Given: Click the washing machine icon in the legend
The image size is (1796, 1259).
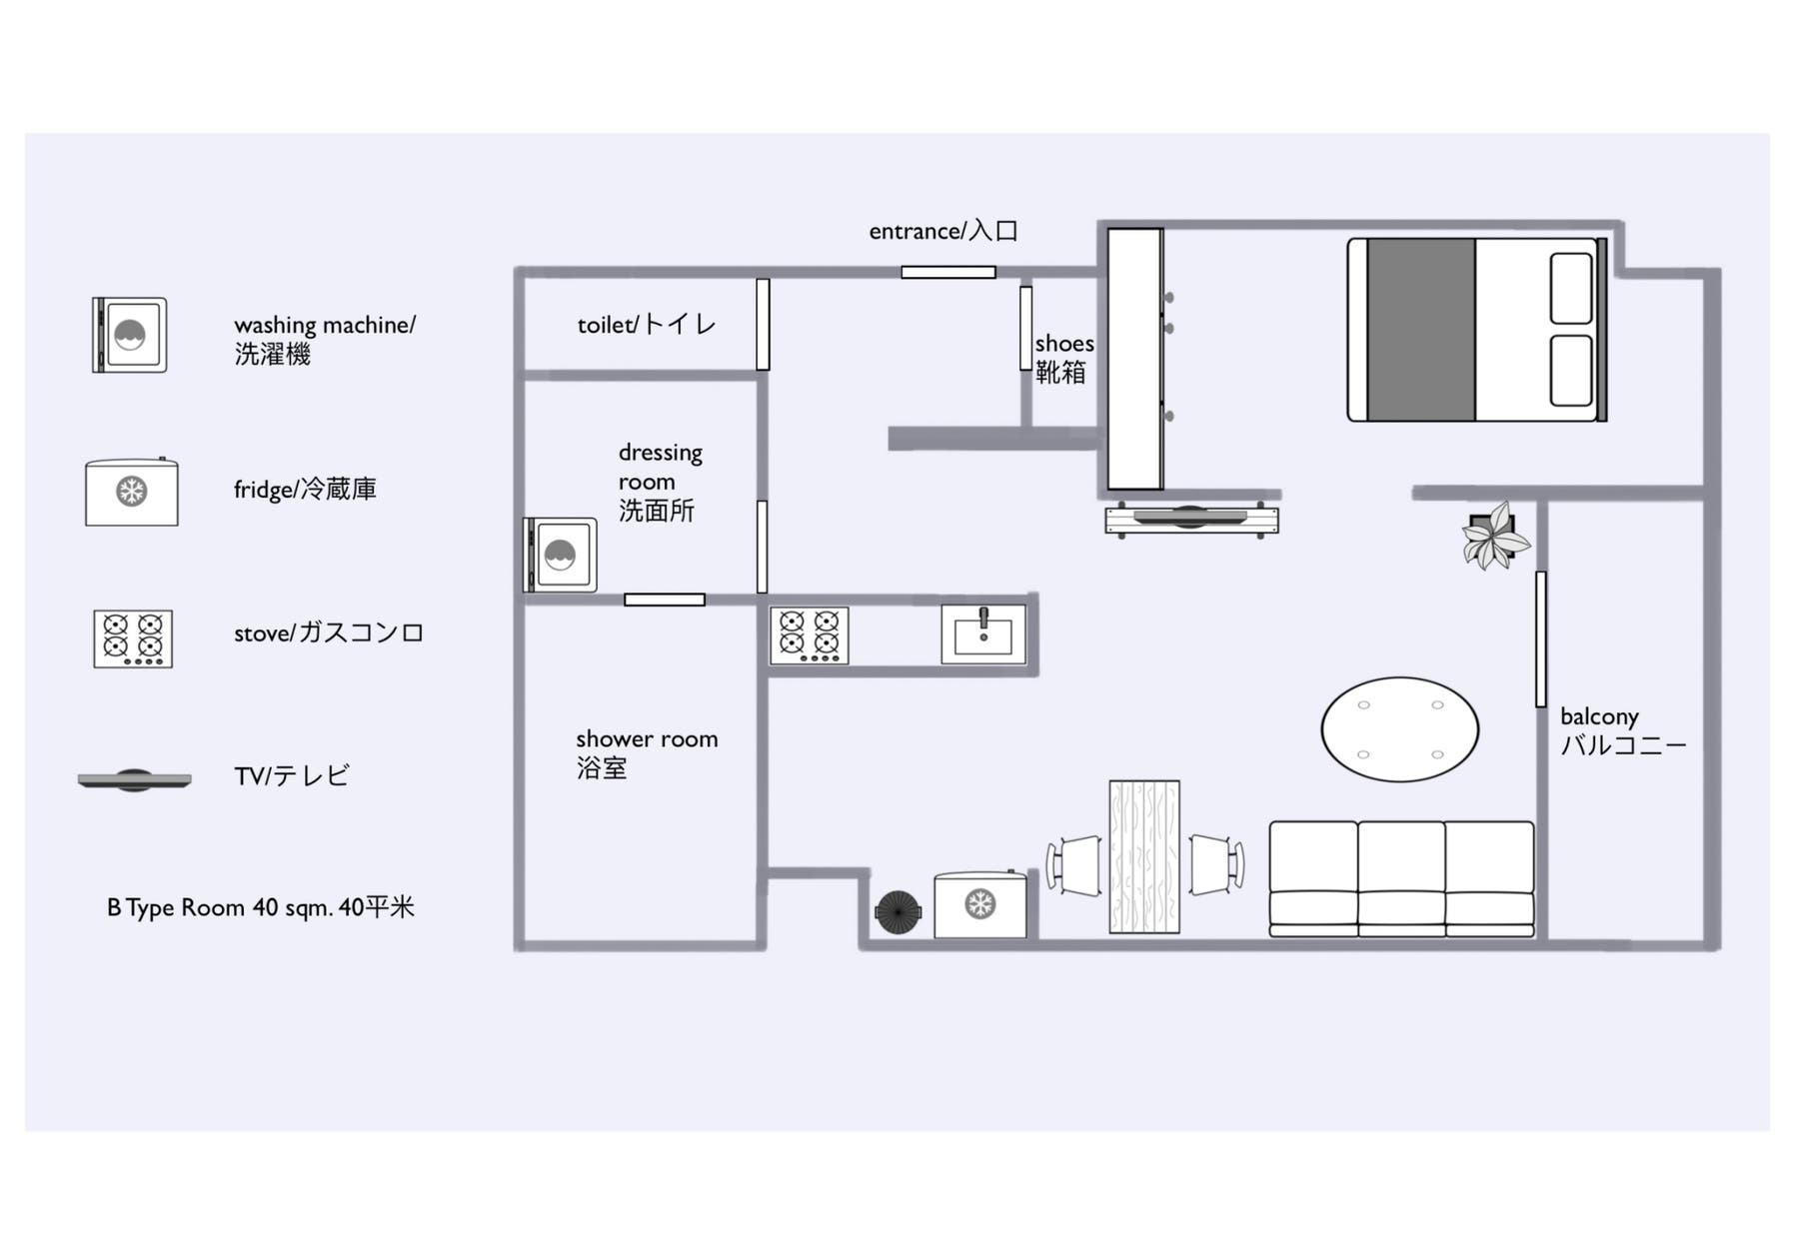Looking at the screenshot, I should (130, 335).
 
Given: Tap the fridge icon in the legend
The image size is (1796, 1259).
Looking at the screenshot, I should (132, 492).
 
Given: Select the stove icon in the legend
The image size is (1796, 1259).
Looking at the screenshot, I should (133, 638).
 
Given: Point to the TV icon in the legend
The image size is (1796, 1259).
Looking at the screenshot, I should (134, 779).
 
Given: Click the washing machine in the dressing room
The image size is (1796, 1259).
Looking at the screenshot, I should (561, 555).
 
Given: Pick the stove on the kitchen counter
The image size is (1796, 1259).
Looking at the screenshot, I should (810, 635).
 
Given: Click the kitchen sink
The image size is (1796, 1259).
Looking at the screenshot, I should (983, 634).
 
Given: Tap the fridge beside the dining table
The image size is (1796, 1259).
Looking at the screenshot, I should (980, 904).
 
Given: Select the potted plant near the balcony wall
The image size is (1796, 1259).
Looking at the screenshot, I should (1494, 536).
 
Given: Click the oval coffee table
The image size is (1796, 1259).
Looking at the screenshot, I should (1399, 729).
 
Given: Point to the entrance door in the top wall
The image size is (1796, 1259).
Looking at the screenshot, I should (948, 272).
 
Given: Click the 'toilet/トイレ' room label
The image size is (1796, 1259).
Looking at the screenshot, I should (647, 325).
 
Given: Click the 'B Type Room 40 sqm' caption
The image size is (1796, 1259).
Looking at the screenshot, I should (261, 907).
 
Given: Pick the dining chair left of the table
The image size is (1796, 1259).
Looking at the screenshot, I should (1074, 865).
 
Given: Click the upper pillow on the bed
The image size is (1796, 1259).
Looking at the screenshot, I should (1571, 289).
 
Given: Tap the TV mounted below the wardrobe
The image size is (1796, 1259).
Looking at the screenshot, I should (1190, 519).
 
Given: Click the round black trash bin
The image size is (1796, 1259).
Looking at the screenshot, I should (898, 912).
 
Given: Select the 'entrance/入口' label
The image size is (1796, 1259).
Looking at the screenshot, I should (942, 231).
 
